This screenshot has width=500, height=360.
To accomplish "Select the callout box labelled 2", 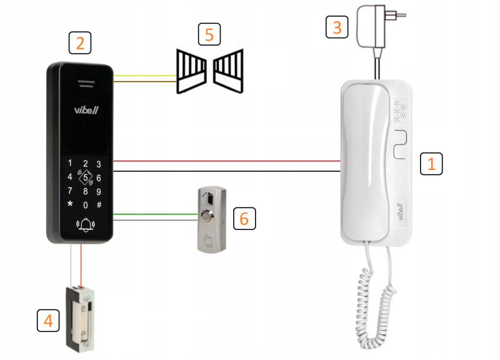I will click(x=80, y=42).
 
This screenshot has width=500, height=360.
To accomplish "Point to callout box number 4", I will click(x=47, y=321).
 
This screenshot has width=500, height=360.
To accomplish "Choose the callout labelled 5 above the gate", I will click(x=209, y=34).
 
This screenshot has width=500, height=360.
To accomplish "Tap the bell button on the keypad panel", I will click(x=84, y=224).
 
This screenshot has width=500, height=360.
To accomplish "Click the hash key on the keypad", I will click(x=99, y=204).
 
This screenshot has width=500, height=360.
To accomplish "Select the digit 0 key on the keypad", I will click(x=85, y=204).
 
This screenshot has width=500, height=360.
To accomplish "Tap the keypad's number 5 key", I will click(x=85, y=177).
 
